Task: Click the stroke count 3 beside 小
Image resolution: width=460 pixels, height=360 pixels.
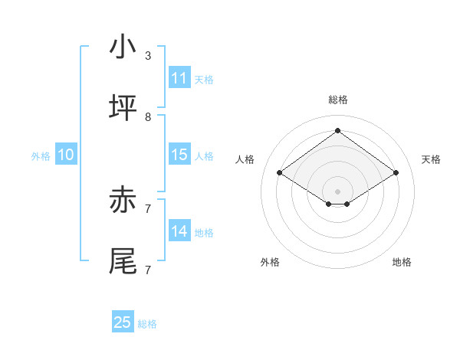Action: coord(148,56)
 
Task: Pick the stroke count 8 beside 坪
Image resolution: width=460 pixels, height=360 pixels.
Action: coord(148,117)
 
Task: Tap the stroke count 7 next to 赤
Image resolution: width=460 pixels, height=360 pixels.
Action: coord(148,208)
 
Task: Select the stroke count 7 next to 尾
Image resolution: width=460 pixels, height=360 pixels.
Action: coord(148,270)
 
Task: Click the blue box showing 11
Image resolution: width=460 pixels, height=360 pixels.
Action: coord(179,78)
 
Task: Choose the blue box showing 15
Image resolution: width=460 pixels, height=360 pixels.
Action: coord(179,155)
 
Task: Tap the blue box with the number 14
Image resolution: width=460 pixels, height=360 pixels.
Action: coord(179,231)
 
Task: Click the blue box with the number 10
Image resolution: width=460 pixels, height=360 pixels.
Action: coord(66,155)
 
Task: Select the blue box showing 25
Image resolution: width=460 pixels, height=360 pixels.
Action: coord(123,322)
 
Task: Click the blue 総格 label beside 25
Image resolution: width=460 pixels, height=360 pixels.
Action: coord(147,324)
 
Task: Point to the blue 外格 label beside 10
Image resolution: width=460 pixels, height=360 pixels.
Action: coord(41,156)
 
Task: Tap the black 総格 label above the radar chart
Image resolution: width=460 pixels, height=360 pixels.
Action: coord(337,100)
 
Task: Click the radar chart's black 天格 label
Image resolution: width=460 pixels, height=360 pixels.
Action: coord(431,159)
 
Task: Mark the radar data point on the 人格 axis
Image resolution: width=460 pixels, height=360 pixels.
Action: coord(279,173)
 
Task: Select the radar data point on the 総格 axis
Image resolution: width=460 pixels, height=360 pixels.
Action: coord(337,130)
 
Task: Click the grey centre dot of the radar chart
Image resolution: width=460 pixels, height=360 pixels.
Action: coord(337,191)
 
